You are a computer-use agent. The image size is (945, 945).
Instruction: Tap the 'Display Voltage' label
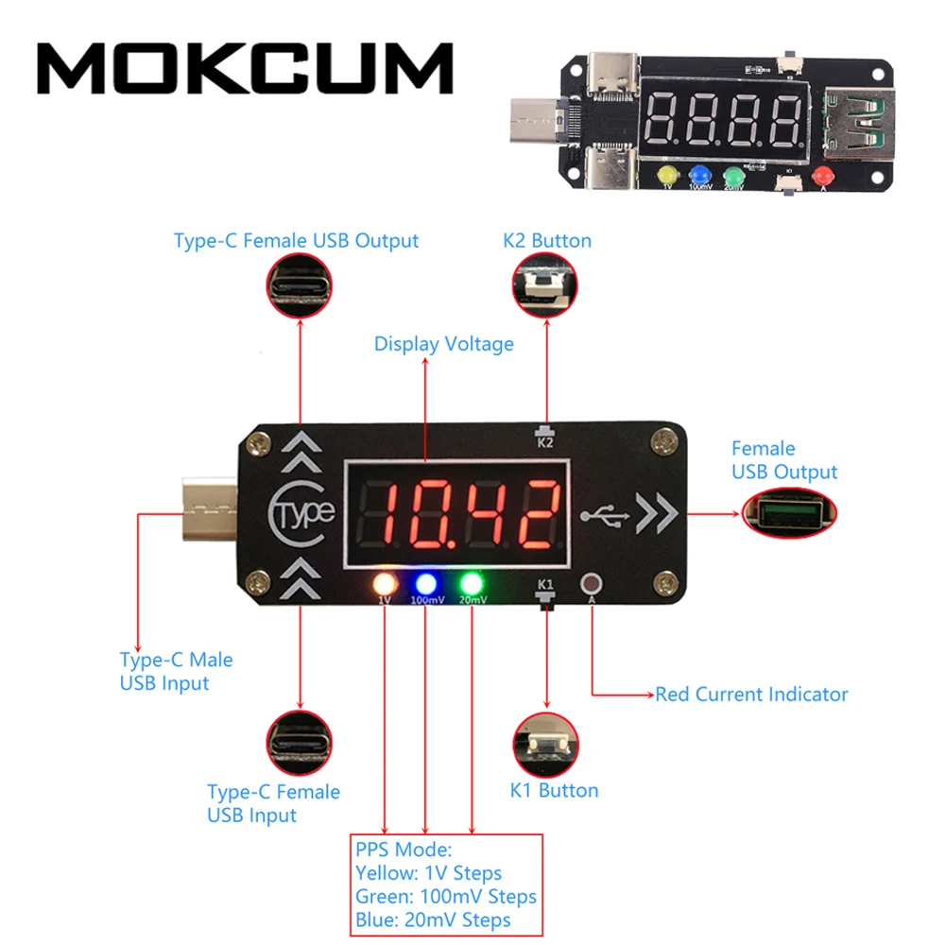click(x=443, y=344)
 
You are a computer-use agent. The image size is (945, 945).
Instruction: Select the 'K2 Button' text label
click(x=547, y=241)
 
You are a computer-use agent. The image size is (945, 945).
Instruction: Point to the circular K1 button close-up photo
click(x=545, y=743)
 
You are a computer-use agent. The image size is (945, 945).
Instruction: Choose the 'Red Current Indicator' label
click(x=751, y=695)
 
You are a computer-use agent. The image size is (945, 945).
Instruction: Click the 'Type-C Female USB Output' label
click(x=296, y=241)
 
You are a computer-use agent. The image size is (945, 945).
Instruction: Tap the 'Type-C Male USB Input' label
click(x=176, y=671)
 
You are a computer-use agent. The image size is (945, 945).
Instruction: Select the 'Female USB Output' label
click(x=784, y=460)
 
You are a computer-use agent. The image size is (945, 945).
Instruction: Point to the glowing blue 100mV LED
click(x=426, y=582)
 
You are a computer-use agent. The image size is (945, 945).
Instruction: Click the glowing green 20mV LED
click(x=472, y=582)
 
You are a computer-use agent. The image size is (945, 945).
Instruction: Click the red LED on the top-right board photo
click(x=823, y=175)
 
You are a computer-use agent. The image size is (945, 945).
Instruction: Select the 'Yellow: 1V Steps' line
click(x=428, y=873)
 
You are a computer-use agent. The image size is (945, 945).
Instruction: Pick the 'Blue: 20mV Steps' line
click(x=433, y=919)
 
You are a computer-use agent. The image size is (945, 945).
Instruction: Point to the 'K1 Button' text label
click(x=554, y=790)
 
